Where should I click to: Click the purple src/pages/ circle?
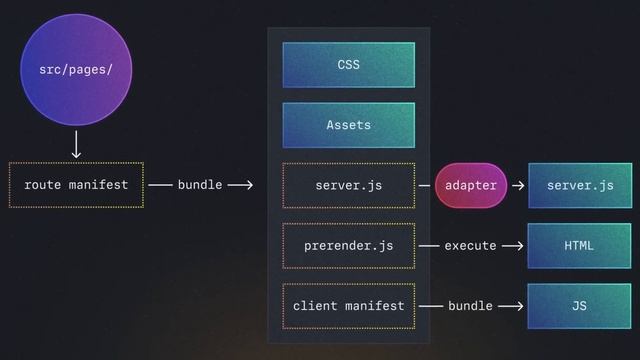(76, 70)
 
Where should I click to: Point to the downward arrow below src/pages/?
(76, 145)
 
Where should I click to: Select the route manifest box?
(76, 185)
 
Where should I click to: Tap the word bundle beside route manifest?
(200, 185)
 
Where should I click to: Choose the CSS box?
(348, 65)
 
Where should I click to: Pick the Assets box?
(348, 125)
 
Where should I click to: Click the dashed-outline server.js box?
(348, 185)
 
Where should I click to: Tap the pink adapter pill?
(471, 185)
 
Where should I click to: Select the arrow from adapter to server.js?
(518, 185)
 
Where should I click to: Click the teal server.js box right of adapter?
(580, 185)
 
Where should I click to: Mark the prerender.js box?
(348, 245)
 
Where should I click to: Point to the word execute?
(470, 245)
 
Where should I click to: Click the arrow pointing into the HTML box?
(513, 245)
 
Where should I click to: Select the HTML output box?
(580, 245)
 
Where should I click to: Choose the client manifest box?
(348, 305)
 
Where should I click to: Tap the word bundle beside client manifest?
(470, 305)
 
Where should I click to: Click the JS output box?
(580, 305)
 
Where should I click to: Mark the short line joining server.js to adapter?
(425, 185)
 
